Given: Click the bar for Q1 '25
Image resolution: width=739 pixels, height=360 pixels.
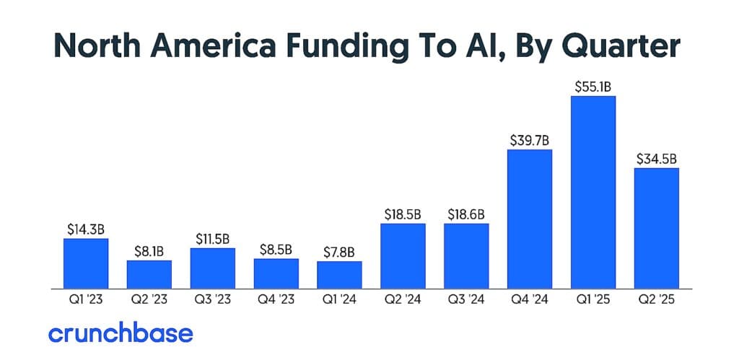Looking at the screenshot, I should (x=593, y=191).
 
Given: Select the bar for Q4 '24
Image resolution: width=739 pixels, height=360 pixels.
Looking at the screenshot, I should (x=530, y=218).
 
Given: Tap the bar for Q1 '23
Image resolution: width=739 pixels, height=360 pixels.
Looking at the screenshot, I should (x=86, y=262).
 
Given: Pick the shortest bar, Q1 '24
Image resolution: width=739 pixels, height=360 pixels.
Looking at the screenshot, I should (x=339, y=273).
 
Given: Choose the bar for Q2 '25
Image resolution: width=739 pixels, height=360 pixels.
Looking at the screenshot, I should (x=657, y=227).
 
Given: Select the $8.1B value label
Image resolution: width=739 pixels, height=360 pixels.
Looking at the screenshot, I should (x=149, y=251).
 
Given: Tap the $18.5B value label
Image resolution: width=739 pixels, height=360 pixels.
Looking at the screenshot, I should (x=403, y=214).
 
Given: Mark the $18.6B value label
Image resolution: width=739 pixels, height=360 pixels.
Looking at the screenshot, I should (x=466, y=214).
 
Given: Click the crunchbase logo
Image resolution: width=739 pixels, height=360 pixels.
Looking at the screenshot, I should (x=121, y=333).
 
